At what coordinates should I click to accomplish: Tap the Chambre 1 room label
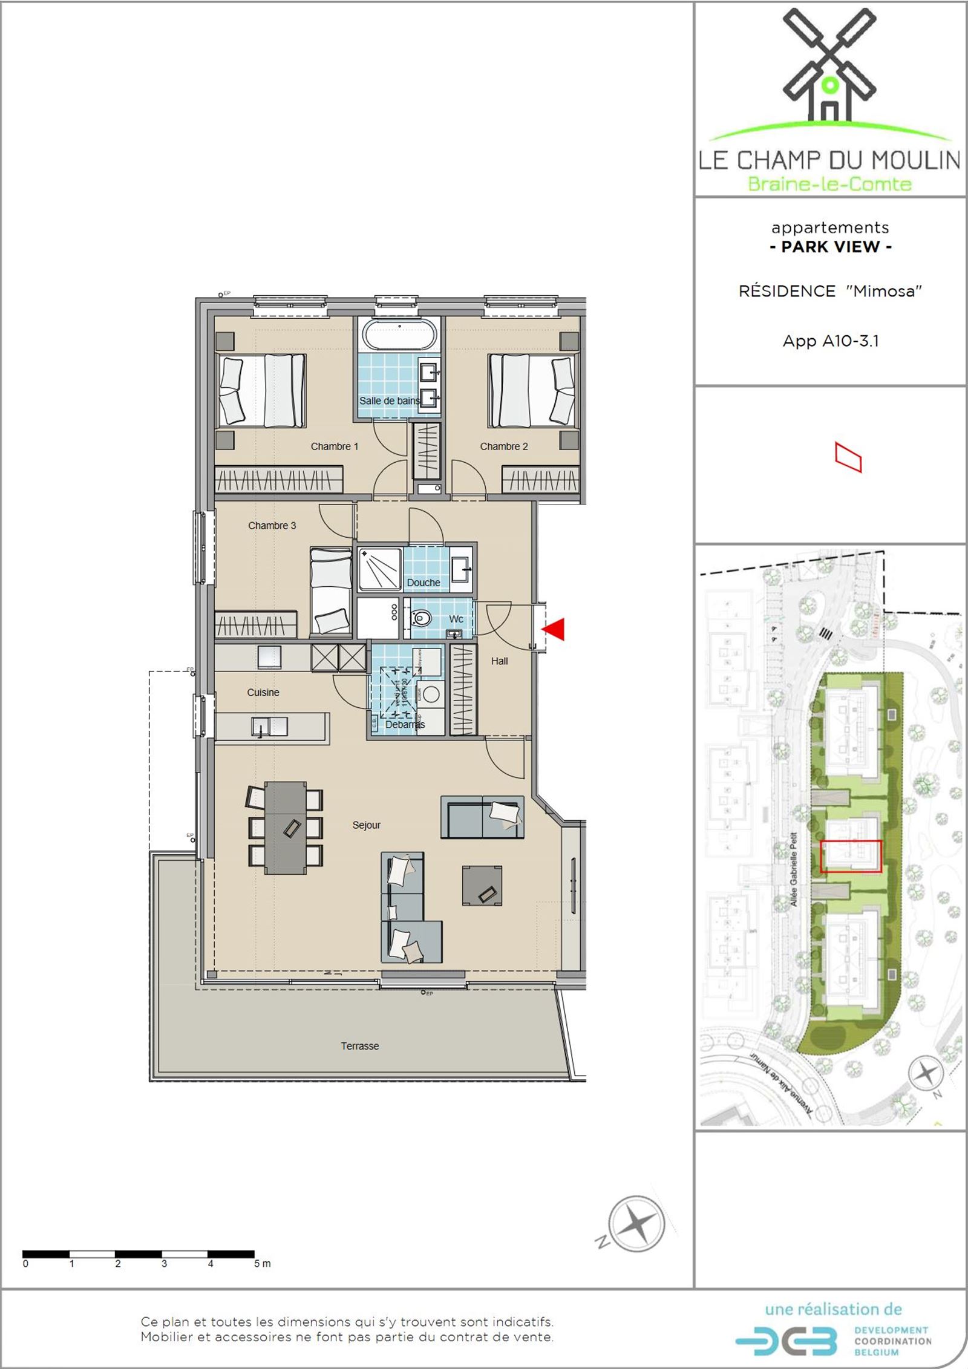(334, 446)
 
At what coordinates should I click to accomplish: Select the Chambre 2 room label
(503, 446)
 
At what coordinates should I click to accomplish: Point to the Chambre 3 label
(272, 526)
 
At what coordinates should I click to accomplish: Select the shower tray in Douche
(379, 569)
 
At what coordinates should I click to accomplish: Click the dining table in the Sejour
(286, 827)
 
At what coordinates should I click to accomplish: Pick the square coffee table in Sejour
(482, 885)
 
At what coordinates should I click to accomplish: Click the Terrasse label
(359, 1046)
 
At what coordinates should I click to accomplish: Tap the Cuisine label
(263, 693)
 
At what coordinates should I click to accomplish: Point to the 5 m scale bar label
(262, 1264)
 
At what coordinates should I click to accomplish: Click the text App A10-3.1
(830, 341)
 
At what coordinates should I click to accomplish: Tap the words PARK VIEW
(830, 247)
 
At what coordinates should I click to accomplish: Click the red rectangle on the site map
(851, 856)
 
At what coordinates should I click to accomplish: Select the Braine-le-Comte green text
(829, 184)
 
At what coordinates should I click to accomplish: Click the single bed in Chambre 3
(331, 591)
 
